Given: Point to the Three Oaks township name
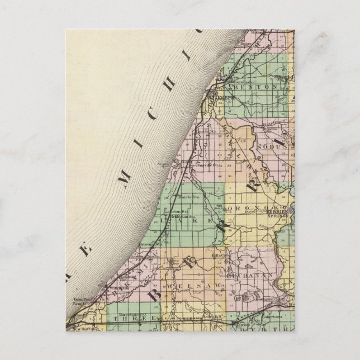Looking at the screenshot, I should (x=137, y=318).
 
